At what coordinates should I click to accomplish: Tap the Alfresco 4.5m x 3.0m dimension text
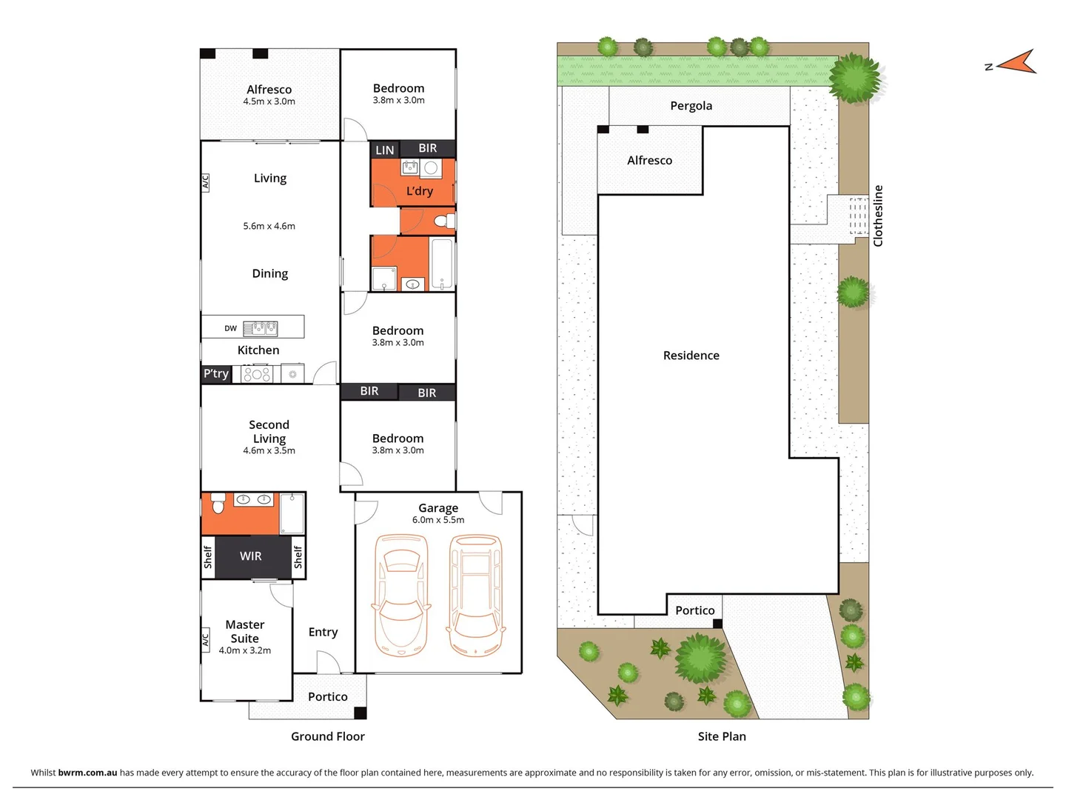[x=269, y=101]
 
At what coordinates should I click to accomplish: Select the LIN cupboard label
[x=385, y=150]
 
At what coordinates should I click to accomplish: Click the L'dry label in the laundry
[x=420, y=191]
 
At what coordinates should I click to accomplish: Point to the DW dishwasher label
[x=231, y=328]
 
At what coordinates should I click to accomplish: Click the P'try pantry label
[x=216, y=373]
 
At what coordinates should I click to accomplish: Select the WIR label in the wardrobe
[x=250, y=556]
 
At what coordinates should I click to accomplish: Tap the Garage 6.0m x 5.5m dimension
[x=438, y=520]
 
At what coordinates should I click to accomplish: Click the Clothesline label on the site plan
[x=878, y=216]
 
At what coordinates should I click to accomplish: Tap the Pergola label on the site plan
[x=691, y=106]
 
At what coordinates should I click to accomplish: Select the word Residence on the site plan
[x=691, y=356]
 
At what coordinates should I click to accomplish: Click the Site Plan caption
[x=722, y=736]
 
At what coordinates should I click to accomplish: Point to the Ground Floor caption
[x=327, y=736]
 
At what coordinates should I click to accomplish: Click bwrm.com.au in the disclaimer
[x=87, y=773]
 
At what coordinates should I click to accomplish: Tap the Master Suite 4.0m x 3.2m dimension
[x=244, y=650]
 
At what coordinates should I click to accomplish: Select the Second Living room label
[x=269, y=432]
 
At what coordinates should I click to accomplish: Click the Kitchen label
[x=258, y=350]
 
